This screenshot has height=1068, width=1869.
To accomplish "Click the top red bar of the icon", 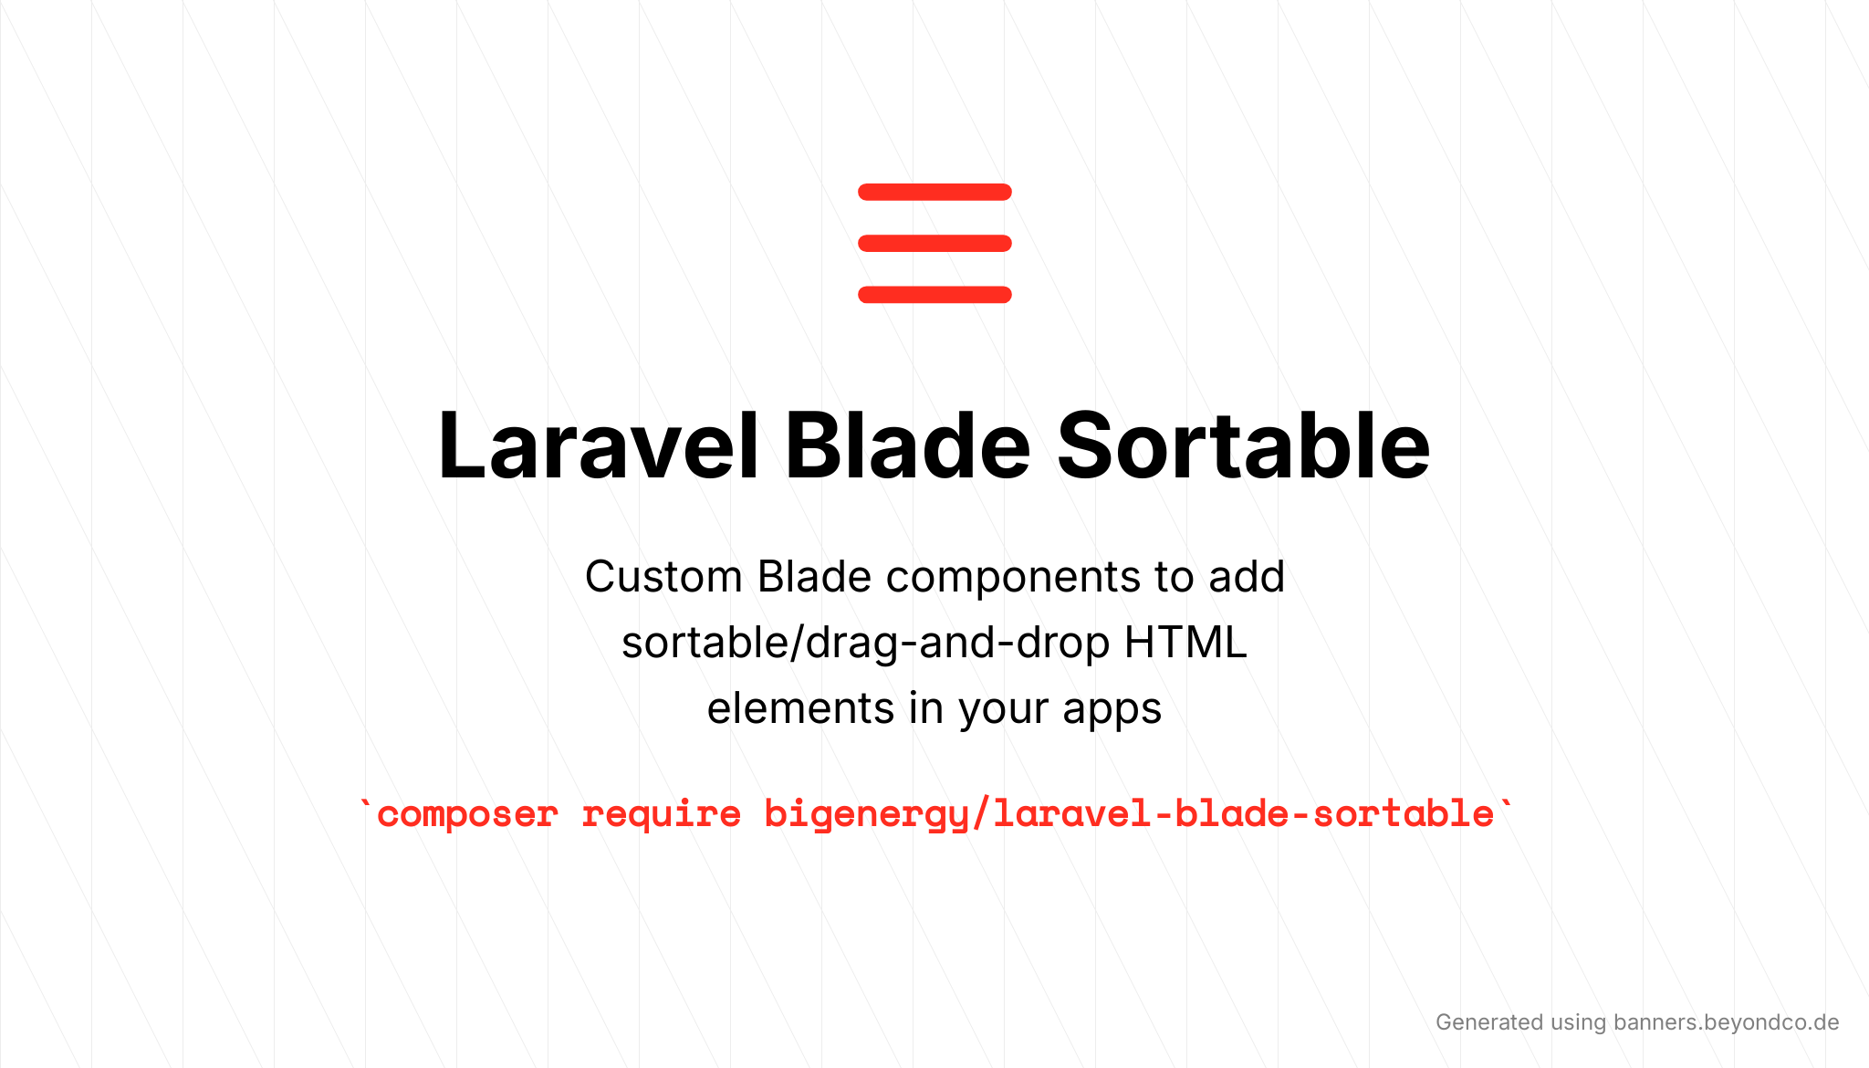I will pos(934,192).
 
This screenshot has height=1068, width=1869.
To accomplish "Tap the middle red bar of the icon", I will pos(934,243).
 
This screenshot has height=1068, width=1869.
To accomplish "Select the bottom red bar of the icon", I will pos(934,294).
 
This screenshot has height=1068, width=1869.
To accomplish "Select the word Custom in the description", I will pos(663,577).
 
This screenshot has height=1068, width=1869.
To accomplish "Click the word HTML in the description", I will pos(1185,643).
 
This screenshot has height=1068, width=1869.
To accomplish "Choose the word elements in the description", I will pos(800,708).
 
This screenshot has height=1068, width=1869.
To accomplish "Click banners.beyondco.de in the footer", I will pos(1726,1022).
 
